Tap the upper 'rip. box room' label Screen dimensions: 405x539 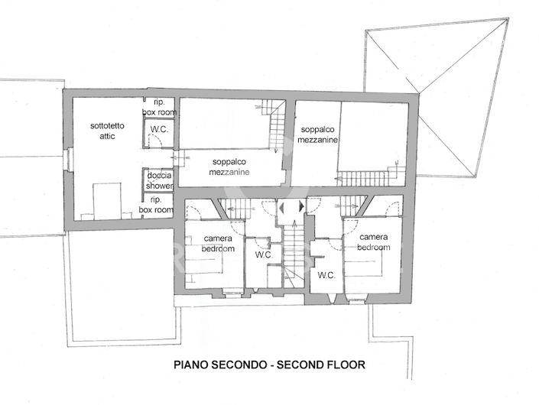(159, 108)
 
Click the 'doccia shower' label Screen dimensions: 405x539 (159, 180)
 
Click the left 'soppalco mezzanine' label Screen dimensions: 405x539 (229, 167)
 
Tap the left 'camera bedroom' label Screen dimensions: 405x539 (217, 243)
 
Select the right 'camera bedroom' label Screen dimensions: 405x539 (375, 242)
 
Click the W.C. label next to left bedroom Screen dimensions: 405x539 (263, 255)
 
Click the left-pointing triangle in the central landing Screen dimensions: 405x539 (281, 207)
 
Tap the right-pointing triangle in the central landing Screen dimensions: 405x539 (301, 207)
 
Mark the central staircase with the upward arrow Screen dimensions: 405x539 (294, 252)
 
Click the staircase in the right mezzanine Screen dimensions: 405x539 (370, 177)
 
